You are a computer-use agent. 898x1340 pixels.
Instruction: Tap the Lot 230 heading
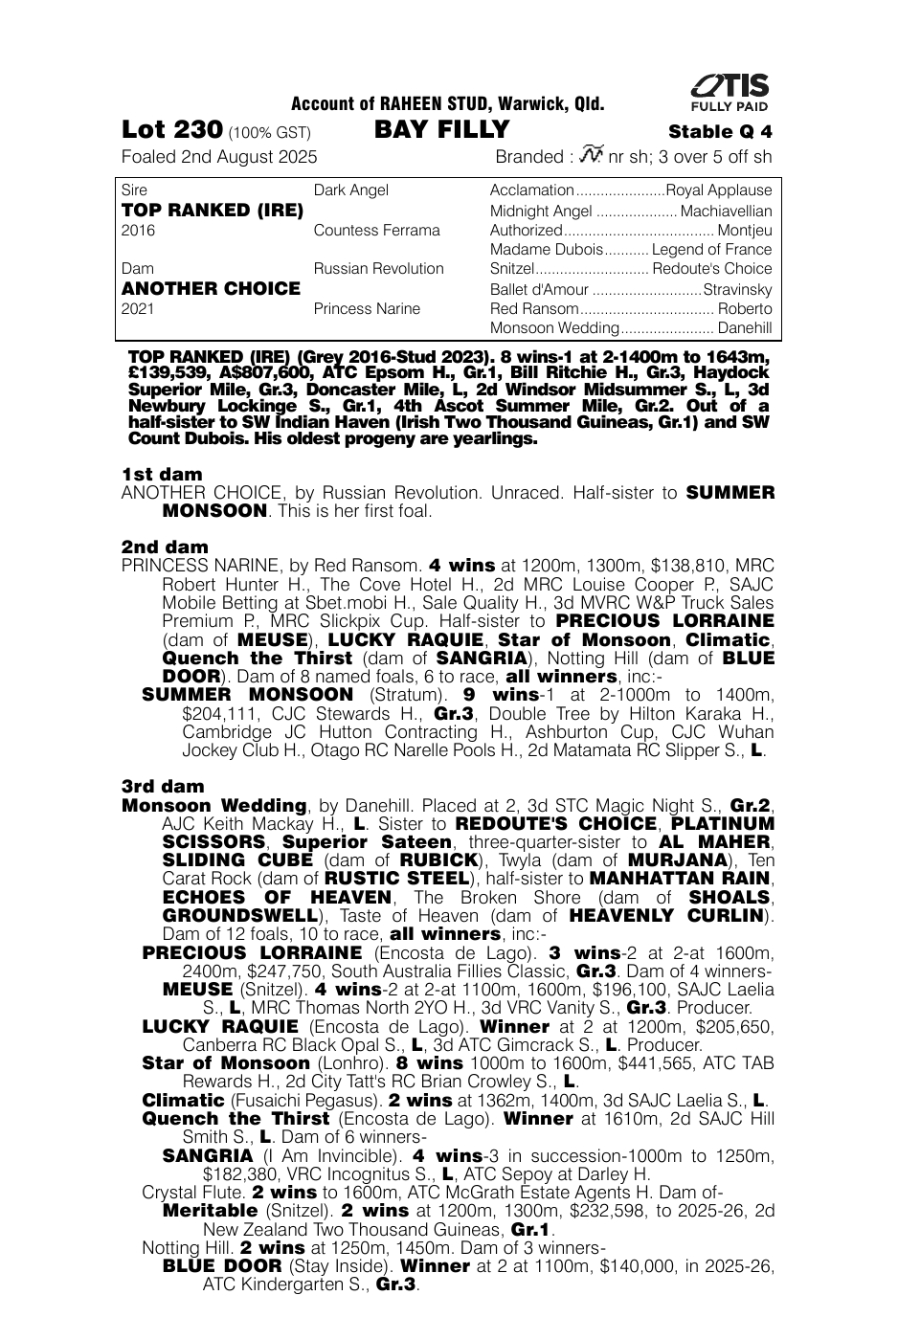point(172,130)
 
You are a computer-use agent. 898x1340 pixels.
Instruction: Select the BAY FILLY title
point(442,130)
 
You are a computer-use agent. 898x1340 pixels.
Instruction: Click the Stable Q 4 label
point(720,132)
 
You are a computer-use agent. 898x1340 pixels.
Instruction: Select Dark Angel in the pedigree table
point(351,190)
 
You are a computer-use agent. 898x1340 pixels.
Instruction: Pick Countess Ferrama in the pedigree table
point(377,231)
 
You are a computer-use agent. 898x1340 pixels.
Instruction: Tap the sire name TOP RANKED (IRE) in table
point(213,211)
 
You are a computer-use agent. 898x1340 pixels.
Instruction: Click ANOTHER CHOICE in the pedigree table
point(212,288)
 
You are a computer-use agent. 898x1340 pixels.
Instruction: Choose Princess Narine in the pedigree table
point(367,308)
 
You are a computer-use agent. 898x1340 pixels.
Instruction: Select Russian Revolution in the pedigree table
point(379,269)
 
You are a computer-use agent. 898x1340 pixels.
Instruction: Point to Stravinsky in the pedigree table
point(737,289)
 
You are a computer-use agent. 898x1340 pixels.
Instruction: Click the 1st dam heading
point(162,474)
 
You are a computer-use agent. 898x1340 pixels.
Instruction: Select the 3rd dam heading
point(163,786)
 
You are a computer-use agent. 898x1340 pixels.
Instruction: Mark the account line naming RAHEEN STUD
point(447,104)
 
